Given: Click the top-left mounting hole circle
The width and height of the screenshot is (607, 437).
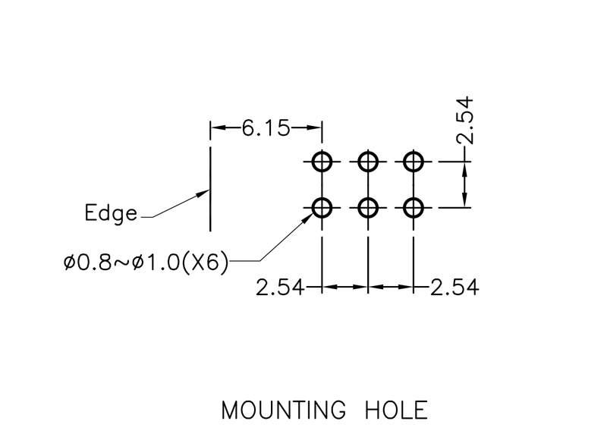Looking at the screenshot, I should coord(322,161).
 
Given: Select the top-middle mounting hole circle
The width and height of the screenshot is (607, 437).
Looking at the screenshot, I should coord(368,161).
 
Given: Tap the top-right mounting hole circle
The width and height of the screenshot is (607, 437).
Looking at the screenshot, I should coord(414,161).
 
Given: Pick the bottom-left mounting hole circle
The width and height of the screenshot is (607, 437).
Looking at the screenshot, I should coord(322,206).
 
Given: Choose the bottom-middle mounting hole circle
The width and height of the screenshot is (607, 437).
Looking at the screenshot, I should coord(368,206).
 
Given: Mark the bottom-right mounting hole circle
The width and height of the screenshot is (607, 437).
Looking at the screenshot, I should coord(414,206).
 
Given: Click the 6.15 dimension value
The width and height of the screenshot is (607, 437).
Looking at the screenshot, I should coord(266,128).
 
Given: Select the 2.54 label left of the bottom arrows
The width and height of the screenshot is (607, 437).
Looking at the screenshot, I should coord(280,288).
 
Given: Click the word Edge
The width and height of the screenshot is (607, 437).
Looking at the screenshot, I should coord(111,213).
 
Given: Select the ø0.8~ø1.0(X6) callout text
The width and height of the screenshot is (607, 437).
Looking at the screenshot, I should coord(146,263).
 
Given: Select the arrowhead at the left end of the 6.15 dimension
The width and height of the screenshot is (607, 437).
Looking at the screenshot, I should coord(217,128).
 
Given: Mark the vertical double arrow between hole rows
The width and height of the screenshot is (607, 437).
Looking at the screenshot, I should coord(464,184).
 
